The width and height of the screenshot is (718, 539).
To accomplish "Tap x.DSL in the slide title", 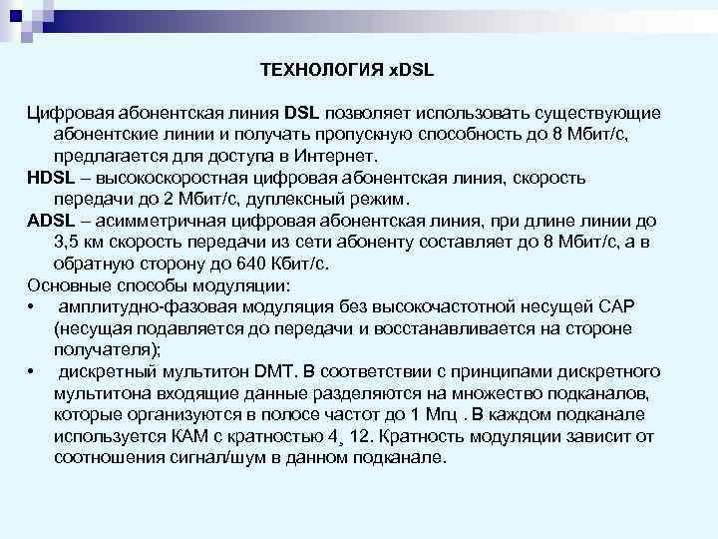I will (x=409, y=70).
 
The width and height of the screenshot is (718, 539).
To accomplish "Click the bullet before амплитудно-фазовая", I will (x=33, y=306).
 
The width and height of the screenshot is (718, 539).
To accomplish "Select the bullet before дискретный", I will (x=33, y=372).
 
